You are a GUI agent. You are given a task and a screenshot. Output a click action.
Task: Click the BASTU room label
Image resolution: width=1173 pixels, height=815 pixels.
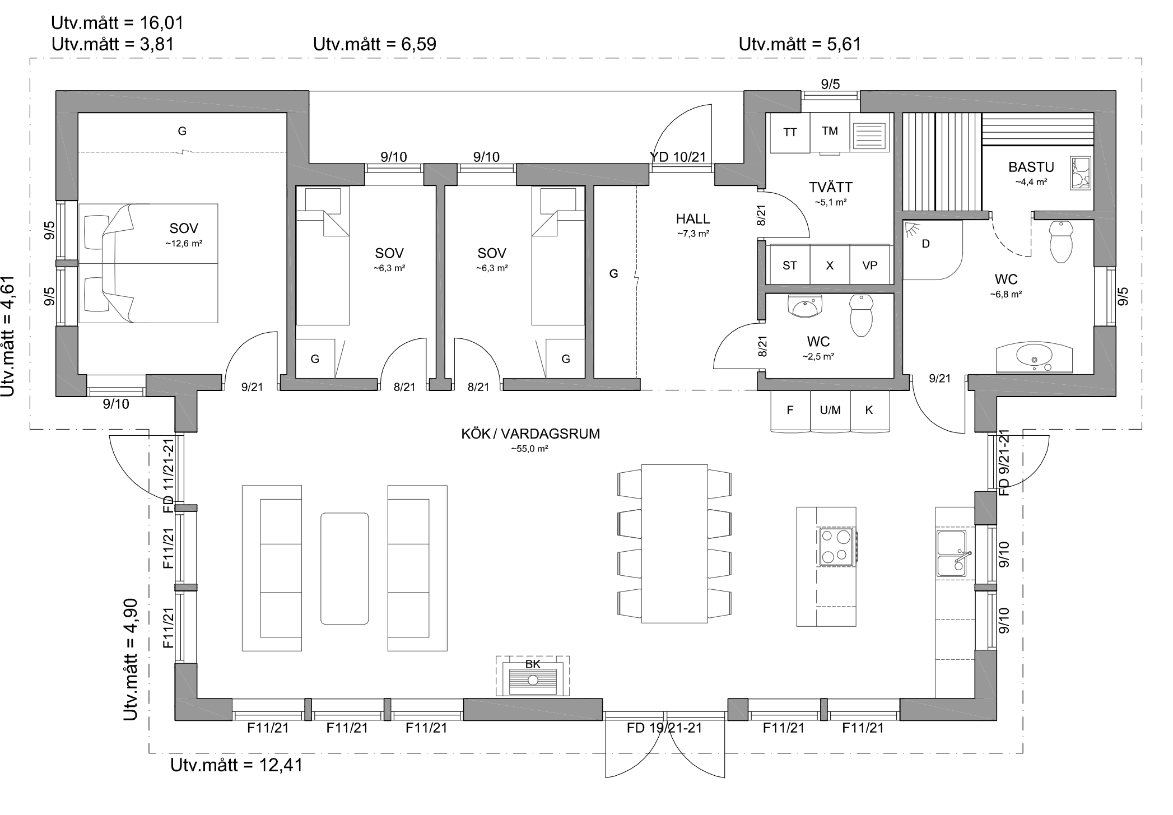(1031, 167)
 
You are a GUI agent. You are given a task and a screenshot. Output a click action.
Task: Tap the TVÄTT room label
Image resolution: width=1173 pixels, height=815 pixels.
(831, 187)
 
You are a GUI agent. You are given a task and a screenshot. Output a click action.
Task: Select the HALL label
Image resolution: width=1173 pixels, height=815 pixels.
(693, 219)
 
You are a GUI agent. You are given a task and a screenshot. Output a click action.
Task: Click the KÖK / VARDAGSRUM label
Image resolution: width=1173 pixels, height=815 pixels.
(530, 434)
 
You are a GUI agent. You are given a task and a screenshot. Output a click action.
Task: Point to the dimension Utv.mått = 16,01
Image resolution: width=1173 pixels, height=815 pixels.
(117, 23)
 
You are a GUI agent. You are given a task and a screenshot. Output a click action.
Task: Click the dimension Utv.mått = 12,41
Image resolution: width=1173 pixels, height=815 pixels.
(236, 765)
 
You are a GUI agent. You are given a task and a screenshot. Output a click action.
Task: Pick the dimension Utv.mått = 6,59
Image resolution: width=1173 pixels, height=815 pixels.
(375, 44)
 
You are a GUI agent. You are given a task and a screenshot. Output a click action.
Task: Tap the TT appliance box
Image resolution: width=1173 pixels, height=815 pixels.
(790, 133)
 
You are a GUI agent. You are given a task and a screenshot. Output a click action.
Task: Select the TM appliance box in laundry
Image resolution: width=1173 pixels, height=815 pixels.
(830, 132)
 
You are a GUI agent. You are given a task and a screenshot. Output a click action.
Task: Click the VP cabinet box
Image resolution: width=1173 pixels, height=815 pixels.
(869, 265)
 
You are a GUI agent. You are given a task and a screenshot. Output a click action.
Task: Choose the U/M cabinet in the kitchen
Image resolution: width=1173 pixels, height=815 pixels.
(830, 411)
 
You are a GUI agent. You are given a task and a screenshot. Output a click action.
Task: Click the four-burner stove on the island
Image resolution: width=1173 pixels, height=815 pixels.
(836, 547)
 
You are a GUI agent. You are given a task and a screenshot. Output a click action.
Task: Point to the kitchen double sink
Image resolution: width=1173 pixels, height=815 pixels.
(952, 553)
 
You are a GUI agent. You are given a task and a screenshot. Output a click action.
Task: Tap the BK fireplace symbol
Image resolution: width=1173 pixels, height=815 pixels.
(533, 676)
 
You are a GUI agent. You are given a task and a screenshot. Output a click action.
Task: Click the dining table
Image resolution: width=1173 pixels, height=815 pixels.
(674, 543)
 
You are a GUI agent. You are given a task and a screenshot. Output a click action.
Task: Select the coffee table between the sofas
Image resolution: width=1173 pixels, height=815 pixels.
(345, 569)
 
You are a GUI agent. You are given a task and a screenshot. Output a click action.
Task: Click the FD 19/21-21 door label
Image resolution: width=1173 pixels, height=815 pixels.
(664, 728)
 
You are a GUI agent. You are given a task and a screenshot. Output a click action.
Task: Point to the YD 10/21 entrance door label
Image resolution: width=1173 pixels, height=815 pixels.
(678, 157)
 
